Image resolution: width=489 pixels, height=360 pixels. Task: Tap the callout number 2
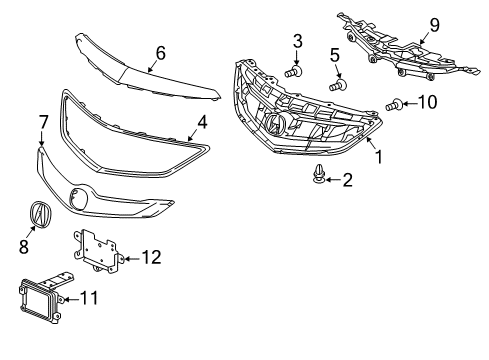click(347, 180)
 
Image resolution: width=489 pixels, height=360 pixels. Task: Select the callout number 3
click(298, 41)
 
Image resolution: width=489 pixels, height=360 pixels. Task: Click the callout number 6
click(159, 53)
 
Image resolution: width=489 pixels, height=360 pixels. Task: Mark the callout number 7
click(43, 122)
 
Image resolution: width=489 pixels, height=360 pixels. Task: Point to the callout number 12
click(150, 258)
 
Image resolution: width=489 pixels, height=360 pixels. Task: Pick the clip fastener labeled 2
click(319, 177)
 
